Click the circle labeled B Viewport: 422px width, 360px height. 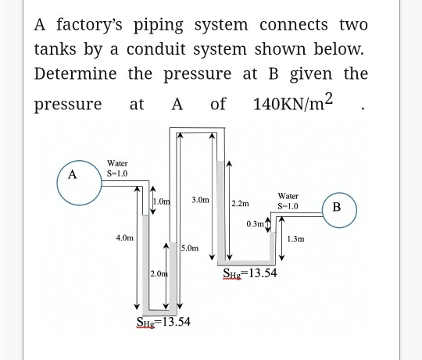337,207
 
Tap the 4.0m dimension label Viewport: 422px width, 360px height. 123,235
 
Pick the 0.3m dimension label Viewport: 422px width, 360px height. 254,224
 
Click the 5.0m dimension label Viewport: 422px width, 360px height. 191,248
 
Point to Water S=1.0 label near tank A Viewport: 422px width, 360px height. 117,168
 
